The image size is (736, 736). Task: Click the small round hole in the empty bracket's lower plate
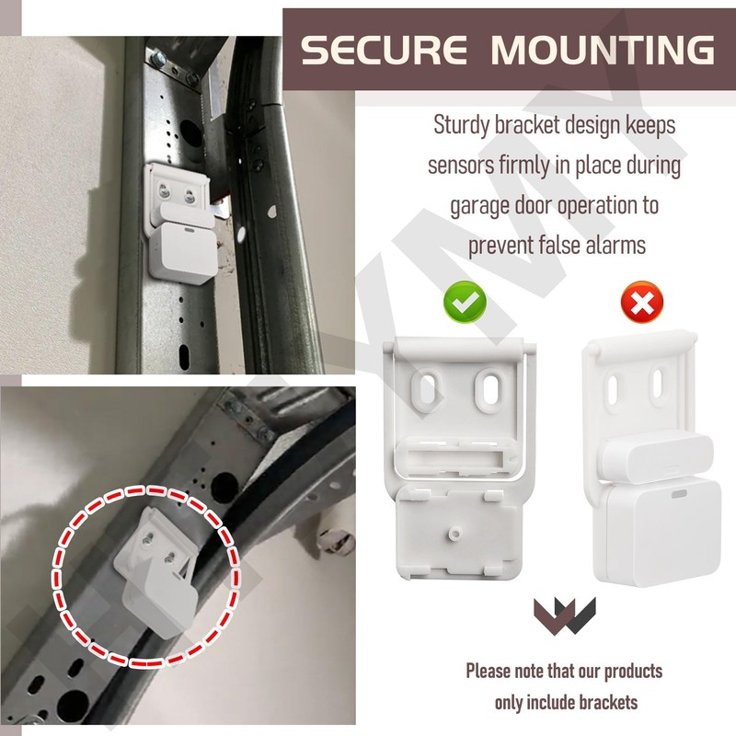tap(455, 532)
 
